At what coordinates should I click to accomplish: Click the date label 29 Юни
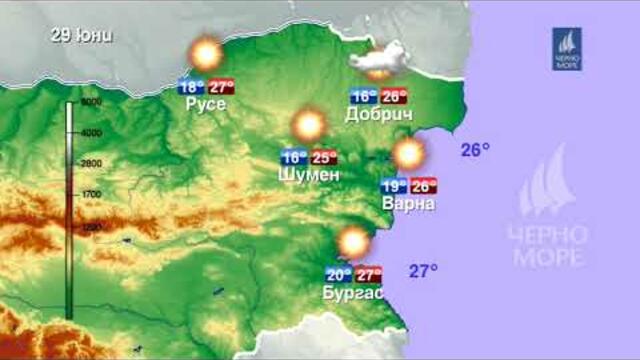pyautogui.click(x=82, y=36)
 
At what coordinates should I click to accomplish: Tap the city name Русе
pyautogui.click(x=206, y=103)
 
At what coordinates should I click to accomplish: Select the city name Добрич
pyautogui.click(x=379, y=114)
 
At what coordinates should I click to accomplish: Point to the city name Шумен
pyautogui.click(x=309, y=174)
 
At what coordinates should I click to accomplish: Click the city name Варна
pyautogui.click(x=409, y=203)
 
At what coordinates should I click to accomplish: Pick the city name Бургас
pyautogui.click(x=353, y=292)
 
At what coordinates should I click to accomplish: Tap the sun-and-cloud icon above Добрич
pyautogui.click(x=376, y=63)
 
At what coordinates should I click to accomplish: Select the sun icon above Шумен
pyautogui.click(x=309, y=125)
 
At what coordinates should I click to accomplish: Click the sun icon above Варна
pyautogui.click(x=409, y=154)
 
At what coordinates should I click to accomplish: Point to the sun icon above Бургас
pyautogui.click(x=353, y=243)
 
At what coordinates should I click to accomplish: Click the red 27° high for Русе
pyautogui.click(x=221, y=86)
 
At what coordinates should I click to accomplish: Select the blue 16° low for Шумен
pyautogui.click(x=294, y=157)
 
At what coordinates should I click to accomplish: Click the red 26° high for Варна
pyautogui.click(x=424, y=186)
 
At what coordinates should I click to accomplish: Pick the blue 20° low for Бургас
pyautogui.click(x=339, y=275)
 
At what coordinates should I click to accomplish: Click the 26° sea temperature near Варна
pyautogui.click(x=475, y=150)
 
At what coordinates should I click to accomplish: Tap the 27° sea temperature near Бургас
pyautogui.click(x=424, y=270)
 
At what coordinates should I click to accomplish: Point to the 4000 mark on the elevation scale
pyautogui.click(x=92, y=132)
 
